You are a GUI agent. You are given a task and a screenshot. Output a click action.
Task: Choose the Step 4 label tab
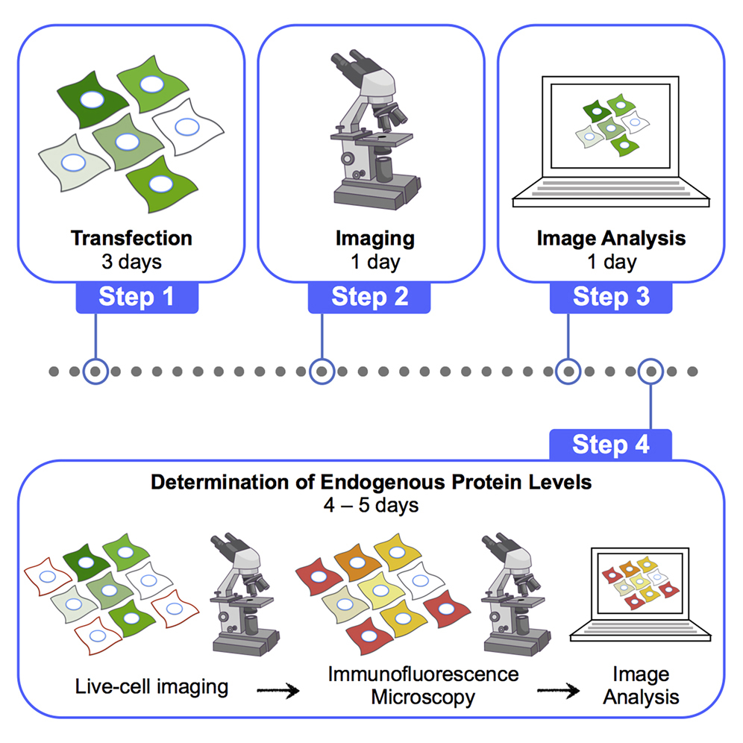[x=610, y=445]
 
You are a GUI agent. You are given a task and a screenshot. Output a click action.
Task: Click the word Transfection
[x=131, y=239]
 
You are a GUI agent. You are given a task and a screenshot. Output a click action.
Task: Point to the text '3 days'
[x=131, y=262]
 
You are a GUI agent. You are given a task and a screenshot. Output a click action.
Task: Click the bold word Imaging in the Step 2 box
[x=374, y=239]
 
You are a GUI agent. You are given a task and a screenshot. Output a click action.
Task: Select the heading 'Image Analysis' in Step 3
[x=610, y=239]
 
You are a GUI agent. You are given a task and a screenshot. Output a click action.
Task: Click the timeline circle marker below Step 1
[x=95, y=370]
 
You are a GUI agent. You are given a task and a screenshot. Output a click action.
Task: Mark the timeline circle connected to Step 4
[x=651, y=370]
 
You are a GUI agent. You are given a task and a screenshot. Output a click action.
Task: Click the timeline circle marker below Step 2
[x=322, y=370]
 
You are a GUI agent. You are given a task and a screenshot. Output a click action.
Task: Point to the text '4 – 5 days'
[x=371, y=505]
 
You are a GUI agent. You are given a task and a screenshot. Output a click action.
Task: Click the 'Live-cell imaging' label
[x=152, y=686]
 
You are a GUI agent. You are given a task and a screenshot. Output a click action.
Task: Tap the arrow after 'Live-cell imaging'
[x=278, y=691]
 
